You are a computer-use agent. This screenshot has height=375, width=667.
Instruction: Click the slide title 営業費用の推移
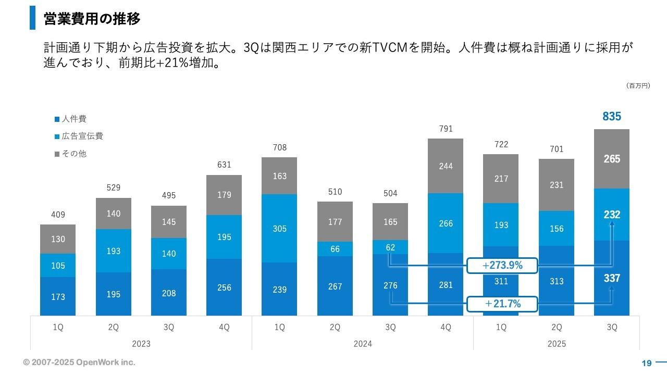pyautogui.click(x=92, y=19)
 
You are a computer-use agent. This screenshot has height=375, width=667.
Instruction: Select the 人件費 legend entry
pyautogui.click(x=71, y=119)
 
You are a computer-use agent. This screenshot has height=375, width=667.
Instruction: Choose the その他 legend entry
pyautogui.click(x=71, y=154)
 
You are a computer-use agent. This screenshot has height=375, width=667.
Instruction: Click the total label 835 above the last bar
pyautogui.click(x=612, y=117)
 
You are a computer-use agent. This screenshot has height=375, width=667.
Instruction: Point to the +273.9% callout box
pyautogui.click(x=502, y=266)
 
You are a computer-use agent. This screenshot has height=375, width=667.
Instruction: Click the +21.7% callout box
pyautogui.click(x=502, y=304)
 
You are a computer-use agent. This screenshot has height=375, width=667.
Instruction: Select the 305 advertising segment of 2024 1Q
pyautogui.click(x=280, y=228)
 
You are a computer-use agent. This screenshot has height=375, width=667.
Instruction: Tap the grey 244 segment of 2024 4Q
pyautogui.click(x=446, y=166)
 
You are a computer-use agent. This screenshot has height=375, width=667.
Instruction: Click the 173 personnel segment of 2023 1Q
pyautogui.click(x=58, y=296)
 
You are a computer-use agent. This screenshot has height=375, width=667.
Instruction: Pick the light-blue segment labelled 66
pyautogui.click(x=335, y=249)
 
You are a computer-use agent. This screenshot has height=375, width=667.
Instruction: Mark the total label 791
pyautogui.click(x=446, y=129)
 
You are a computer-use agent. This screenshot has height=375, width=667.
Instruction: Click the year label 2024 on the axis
pyautogui.click(x=363, y=344)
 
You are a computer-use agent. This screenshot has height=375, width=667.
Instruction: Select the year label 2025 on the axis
pyautogui.click(x=557, y=344)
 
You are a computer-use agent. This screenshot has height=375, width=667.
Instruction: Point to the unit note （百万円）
pyautogui.click(x=638, y=85)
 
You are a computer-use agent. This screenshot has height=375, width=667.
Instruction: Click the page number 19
pyautogui.click(x=647, y=363)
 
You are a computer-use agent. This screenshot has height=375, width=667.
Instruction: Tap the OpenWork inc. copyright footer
pyautogui.click(x=79, y=362)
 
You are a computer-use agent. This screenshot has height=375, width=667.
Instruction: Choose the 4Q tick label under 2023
pyautogui.click(x=224, y=328)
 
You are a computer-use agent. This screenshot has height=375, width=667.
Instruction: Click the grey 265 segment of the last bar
pyautogui.click(x=612, y=159)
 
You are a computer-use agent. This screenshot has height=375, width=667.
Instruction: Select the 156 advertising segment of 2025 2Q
pyautogui.click(x=557, y=229)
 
